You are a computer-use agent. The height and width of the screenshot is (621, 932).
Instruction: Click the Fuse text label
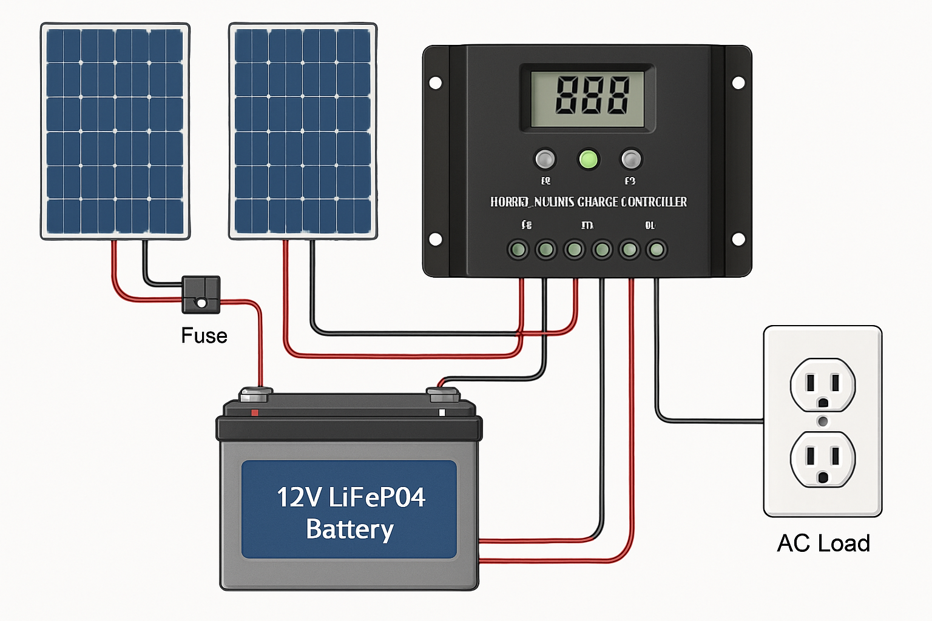(x=204, y=335)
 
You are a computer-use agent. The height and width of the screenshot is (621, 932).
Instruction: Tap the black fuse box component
(x=201, y=295)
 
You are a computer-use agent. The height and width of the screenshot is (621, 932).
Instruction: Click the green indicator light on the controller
(x=588, y=159)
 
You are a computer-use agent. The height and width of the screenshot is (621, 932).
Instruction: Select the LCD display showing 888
(x=587, y=98)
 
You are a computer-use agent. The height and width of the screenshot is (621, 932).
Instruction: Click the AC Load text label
(x=823, y=543)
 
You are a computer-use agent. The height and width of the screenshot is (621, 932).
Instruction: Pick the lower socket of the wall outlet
(x=823, y=459)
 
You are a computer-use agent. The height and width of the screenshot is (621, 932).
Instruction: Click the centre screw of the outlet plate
(x=823, y=421)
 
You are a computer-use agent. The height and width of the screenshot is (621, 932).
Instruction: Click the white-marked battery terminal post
(x=443, y=395)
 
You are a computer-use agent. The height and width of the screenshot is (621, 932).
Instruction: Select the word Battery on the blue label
(x=349, y=529)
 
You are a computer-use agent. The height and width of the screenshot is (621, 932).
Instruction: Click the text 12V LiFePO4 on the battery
(x=351, y=497)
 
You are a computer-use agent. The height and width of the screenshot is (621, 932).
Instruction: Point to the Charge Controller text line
(x=588, y=202)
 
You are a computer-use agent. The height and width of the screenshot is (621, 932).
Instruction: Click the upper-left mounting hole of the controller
(x=436, y=82)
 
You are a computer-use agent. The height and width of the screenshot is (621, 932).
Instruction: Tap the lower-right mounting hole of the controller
(x=738, y=239)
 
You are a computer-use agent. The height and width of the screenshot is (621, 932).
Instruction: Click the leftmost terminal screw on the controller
(x=518, y=249)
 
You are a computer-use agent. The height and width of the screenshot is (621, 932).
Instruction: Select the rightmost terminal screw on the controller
(x=657, y=249)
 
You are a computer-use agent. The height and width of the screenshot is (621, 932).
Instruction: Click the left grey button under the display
(x=544, y=159)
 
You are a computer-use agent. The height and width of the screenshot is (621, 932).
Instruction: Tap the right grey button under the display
(x=631, y=159)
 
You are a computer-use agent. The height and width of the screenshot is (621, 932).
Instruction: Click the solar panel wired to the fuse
(x=115, y=131)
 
